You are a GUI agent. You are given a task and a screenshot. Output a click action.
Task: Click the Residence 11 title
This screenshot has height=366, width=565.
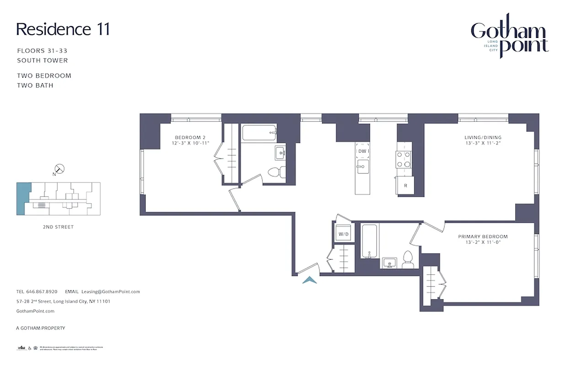point(63,29)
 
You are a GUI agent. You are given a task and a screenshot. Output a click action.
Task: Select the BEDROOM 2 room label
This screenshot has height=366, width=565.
point(192,137)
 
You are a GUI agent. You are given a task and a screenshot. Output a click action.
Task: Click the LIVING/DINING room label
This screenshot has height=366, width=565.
point(483,137)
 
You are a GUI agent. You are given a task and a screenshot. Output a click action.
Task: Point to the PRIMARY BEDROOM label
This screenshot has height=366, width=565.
point(483,237)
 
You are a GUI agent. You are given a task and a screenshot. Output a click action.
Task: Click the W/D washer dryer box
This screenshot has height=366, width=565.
point(343,234)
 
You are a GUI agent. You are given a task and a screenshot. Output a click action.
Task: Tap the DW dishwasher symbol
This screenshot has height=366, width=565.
point(363,151)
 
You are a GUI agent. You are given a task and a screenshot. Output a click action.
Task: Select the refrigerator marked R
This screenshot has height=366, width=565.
point(405,186)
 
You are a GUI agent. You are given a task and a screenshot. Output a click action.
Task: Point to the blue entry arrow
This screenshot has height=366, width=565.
point(309,280)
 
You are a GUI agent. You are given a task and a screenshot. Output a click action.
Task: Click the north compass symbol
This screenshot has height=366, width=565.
point(59,169)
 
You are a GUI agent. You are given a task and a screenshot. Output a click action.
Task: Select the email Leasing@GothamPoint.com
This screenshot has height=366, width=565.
point(110,291)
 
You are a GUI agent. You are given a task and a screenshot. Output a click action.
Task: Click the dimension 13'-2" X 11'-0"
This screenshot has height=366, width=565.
point(483,242)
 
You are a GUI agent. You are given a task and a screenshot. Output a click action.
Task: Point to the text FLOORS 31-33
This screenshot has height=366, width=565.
point(42,51)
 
